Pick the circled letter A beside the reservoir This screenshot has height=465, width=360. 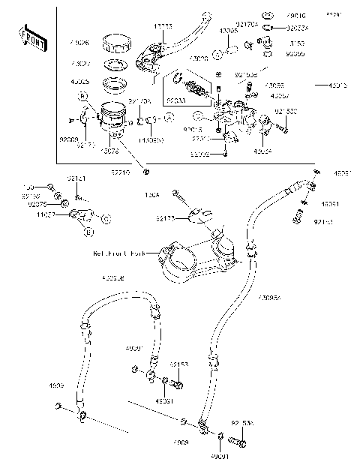click(x=169, y=118)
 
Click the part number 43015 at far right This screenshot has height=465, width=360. click(x=337, y=86)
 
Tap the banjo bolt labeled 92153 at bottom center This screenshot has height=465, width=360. click(x=177, y=385)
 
